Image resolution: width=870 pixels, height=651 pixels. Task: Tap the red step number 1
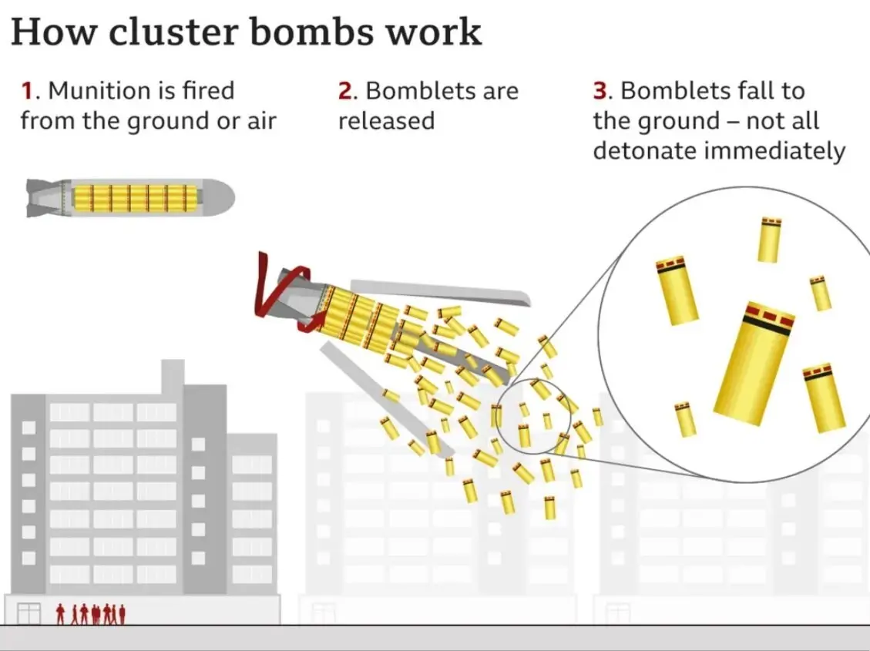[27, 91]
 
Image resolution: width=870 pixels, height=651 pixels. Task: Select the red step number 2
[345, 91]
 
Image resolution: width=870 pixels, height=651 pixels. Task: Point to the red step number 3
[600, 91]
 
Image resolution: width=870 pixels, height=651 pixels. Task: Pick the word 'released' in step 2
[386, 121]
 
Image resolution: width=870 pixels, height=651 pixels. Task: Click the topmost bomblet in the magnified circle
[769, 240]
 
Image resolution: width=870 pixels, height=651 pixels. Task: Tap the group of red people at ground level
[91, 614]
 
